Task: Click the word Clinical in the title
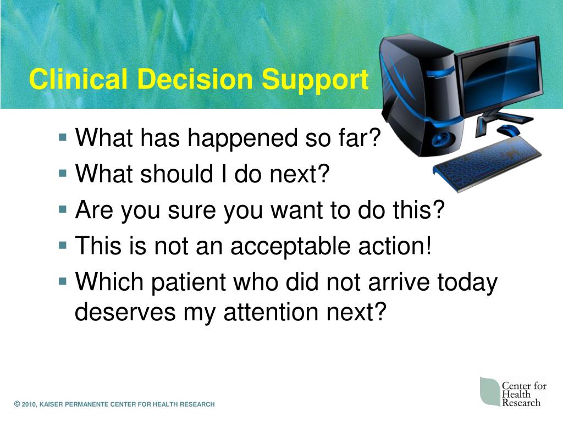pyautogui.click(x=78, y=79)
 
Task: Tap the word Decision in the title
pyautogui.click(x=195, y=79)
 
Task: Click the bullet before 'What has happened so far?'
pyautogui.click(x=63, y=137)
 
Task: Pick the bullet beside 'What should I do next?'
pyautogui.click(x=63, y=173)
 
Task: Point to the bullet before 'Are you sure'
pyautogui.click(x=63, y=209)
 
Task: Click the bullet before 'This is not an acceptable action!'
pyautogui.click(x=63, y=246)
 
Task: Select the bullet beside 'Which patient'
pyautogui.click(x=63, y=281)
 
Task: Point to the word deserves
pyautogui.click(x=125, y=312)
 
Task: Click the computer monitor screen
pyautogui.click(x=499, y=76)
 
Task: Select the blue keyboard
pyautogui.click(x=487, y=164)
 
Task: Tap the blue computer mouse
pyautogui.click(x=509, y=130)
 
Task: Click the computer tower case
pyautogui.click(x=420, y=96)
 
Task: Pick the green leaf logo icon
pyautogui.click(x=490, y=391)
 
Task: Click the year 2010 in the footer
pyautogui.click(x=29, y=404)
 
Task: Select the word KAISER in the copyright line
pyautogui.click(x=51, y=404)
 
